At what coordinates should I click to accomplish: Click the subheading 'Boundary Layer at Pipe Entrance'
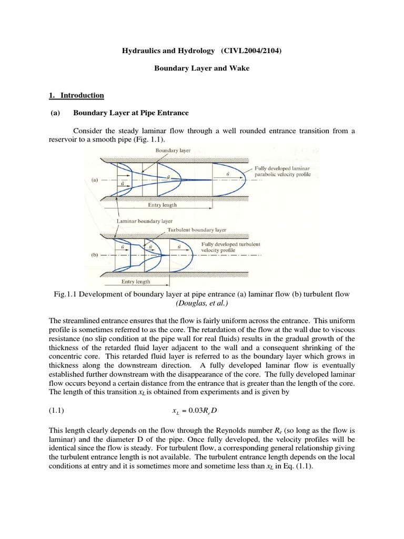(130, 113)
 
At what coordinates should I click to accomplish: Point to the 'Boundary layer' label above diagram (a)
(173, 150)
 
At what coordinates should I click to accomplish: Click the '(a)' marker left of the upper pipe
(94, 179)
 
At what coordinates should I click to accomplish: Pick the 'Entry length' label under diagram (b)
(136, 282)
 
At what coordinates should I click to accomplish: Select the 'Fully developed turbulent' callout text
(230, 245)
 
